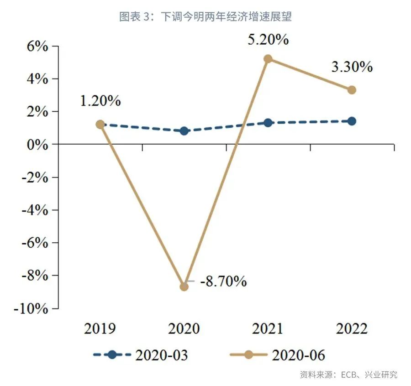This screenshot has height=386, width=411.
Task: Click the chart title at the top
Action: tap(205, 17)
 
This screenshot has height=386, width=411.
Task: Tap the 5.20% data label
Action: tap(268, 40)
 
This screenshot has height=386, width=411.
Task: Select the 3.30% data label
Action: tap(352, 67)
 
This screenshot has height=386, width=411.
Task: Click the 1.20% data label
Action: tap(100, 101)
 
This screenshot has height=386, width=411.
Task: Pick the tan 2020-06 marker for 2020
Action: tap(184, 287)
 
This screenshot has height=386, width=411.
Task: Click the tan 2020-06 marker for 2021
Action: tap(268, 59)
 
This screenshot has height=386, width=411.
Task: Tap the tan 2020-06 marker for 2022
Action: tap(352, 90)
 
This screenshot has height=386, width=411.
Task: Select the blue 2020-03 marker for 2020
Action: tap(184, 131)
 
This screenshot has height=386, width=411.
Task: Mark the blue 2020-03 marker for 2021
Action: tap(268, 123)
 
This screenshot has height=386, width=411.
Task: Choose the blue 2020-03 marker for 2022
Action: tap(352, 121)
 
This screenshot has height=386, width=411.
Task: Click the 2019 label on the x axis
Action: tap(100, 329)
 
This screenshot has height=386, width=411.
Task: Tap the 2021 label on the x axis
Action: tap(268, 329)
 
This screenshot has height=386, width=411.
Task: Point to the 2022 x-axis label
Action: tap(352, 329)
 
